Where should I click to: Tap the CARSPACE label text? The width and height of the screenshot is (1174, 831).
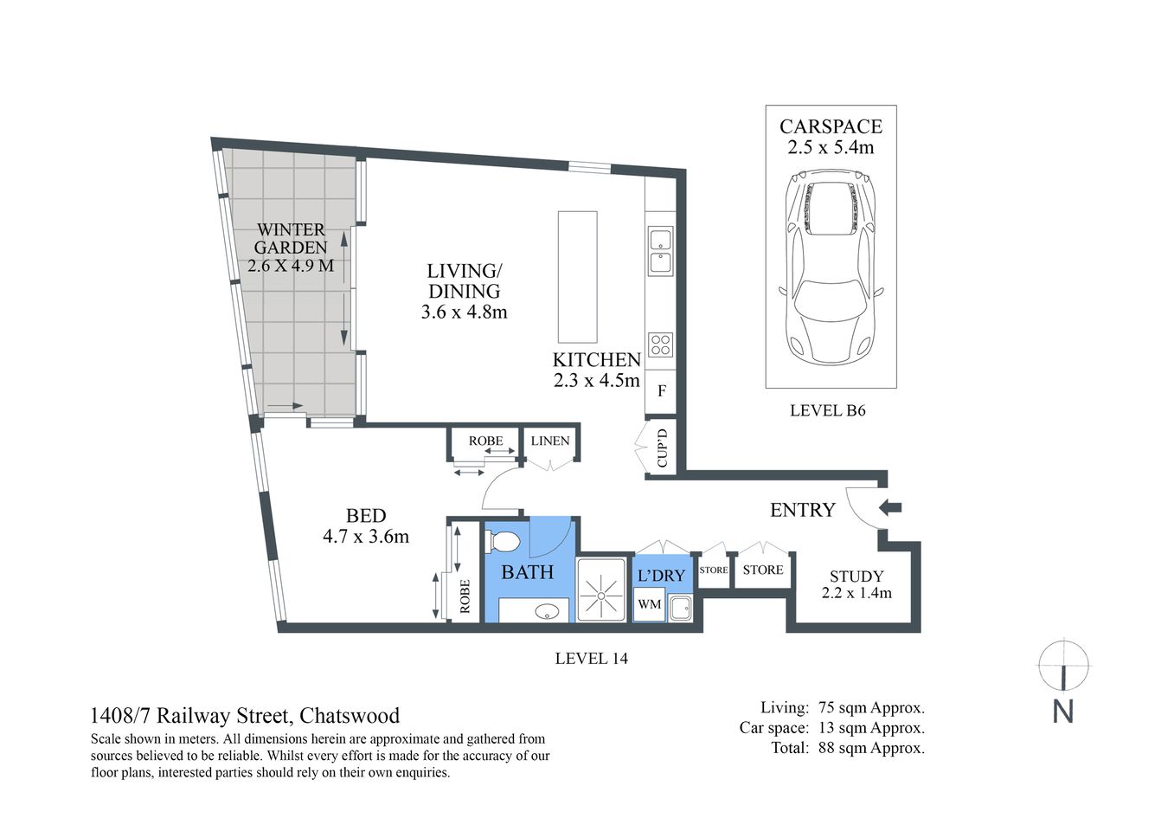tap(831, 126)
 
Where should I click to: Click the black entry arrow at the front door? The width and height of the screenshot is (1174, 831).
tap(889, 507)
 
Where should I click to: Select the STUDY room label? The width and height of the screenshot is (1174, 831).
tap(856, 577)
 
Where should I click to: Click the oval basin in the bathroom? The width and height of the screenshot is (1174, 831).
tap(547, 611)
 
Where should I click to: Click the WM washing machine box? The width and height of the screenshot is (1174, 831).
tap(649, 604)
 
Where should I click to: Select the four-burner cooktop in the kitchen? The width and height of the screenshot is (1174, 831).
tap(661, 345)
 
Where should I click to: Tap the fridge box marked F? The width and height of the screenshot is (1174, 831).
tap(662, 391)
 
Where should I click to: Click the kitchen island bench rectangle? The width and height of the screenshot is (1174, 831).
tap(577, 277)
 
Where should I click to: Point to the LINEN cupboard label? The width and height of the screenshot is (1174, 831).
tap(550, 441)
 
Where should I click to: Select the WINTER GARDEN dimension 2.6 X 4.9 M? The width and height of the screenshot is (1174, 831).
tap(291, 266)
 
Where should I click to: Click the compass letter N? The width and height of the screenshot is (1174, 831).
tap(1062, 712)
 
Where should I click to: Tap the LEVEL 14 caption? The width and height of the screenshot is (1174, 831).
tap(591, 659)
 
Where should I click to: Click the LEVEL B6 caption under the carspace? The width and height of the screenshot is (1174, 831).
tap(827, 411)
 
